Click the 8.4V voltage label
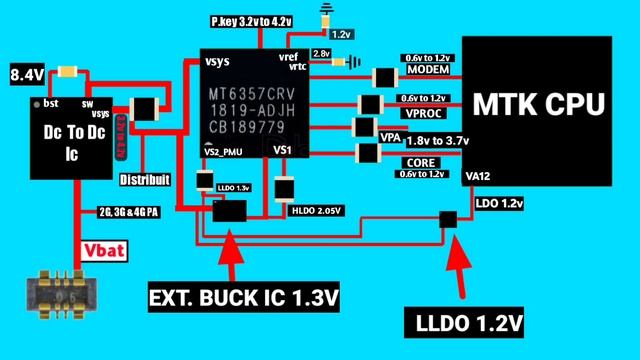26,74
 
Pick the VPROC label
422,112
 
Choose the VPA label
391,136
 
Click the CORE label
419,161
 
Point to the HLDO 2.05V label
315,210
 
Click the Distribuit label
144,180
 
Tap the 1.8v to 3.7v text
437,141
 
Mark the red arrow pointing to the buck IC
230,258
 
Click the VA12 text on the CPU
481,177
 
